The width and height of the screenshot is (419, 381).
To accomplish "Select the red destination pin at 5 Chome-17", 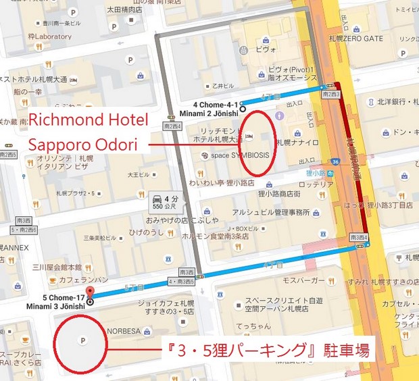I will [90, 293].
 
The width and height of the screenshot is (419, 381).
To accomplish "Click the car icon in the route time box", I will [156, 199].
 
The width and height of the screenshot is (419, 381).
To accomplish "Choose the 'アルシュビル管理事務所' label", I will [266, 212].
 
